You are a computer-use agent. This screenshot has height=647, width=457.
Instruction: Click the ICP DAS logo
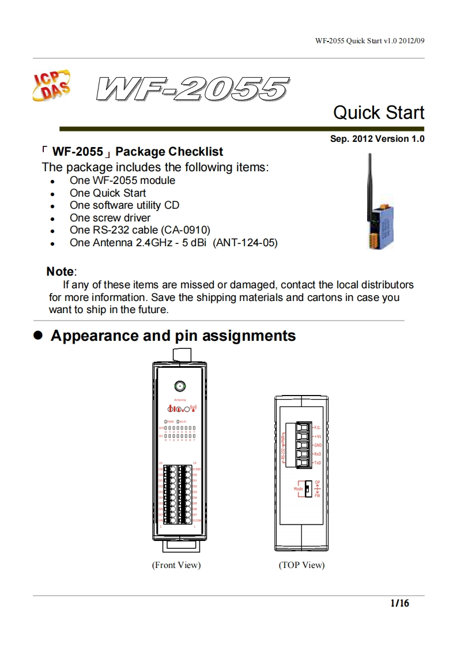click(54, 86)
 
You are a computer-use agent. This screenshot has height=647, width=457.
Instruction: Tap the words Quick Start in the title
click(378, 112)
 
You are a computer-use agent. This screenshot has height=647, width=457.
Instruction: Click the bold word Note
click(60, 272)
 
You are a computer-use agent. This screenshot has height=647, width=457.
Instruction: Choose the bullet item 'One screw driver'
click(109, 218)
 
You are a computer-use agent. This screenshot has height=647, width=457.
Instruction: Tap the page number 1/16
click(399, 604)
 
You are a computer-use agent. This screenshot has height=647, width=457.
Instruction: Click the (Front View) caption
click(176, 565)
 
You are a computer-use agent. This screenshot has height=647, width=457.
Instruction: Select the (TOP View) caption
click(301, 565)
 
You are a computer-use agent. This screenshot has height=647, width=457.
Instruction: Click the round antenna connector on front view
click(180, 386)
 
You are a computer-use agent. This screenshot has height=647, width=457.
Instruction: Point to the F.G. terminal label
click(318, 428)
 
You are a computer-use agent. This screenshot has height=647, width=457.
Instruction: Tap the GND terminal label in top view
click(318, 446)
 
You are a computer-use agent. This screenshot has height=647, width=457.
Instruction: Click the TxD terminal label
click(318, 463)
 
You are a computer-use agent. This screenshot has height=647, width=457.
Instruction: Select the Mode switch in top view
click(307, 489)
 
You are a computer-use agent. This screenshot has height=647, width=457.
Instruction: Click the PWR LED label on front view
click(171, 422)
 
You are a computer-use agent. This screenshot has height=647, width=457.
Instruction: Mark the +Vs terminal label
click(318, 437)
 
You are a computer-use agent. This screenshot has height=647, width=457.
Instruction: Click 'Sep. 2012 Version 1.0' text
click(377, 139)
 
